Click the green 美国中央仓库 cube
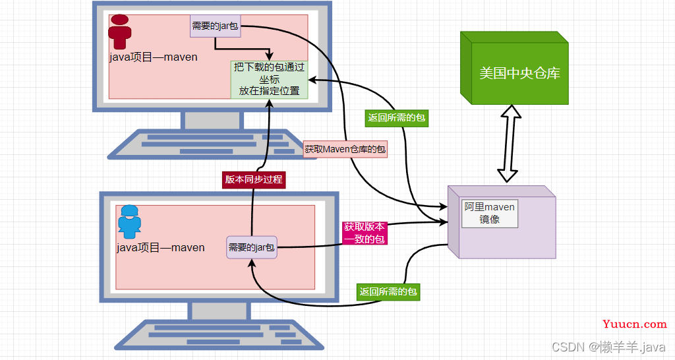click(514, 68)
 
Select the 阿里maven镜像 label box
click(490, 213)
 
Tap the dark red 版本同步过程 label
click(254, 179)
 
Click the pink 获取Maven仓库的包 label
click(345, 149)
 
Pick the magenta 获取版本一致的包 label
click(365, 233)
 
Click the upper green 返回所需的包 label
click(396, 117)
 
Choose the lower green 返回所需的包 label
click(388, 291)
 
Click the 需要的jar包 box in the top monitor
click(216, 26)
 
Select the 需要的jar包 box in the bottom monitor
click(252, 247)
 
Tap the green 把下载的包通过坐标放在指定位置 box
click(269, 79)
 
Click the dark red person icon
click(120, 32)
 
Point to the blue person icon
click(129, 222)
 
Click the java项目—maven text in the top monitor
click(153, 57)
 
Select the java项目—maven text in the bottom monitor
click(161, 248)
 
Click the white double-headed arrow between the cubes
click(509, 144)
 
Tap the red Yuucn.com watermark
click(635, 324)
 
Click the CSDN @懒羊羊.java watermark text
click(608, 347)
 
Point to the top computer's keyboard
click(211, 144)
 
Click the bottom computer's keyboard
click(219, 334)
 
